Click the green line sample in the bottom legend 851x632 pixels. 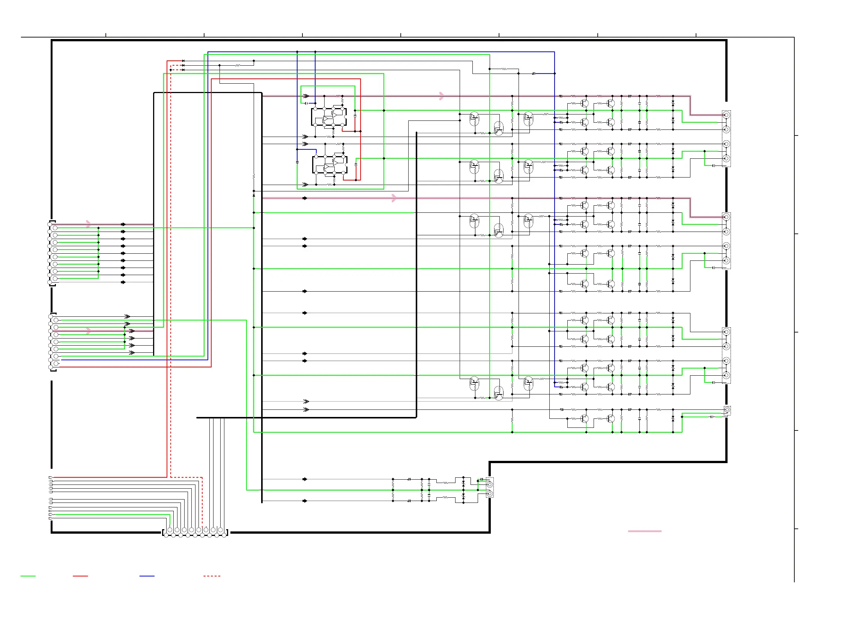point(28,576)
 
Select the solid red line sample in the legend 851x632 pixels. point(80,576)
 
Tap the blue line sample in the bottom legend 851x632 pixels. point(147,576)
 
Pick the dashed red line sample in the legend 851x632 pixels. point(212,576)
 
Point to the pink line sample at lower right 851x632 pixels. point(645,531)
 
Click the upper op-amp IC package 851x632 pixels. point(329,117)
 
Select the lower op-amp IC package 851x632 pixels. point(330,165)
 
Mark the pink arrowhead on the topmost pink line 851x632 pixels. point(442,96)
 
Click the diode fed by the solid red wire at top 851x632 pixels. point(183,61)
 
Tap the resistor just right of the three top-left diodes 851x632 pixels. point(238,65)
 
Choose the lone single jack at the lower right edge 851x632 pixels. point(727,410)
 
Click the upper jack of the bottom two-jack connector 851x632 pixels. point(490,485)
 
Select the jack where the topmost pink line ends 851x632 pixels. point(726,115)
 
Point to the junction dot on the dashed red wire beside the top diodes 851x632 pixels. point(171,70)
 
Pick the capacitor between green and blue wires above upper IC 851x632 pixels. point(306,103)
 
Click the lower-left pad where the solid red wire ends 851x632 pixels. point(51,477)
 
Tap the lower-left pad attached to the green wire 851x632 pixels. point(51,515)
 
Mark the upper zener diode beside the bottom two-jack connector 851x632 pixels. point(463,483)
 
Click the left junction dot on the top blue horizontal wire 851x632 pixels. point(297,52)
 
